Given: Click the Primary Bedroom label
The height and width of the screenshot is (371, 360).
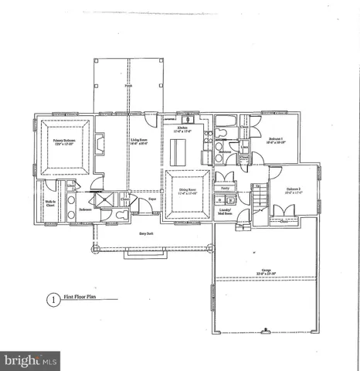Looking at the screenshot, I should (67, 141).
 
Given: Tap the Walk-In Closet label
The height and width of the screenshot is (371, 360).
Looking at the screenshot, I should (49, 205).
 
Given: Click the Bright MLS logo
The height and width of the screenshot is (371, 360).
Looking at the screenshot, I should (31, 360).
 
